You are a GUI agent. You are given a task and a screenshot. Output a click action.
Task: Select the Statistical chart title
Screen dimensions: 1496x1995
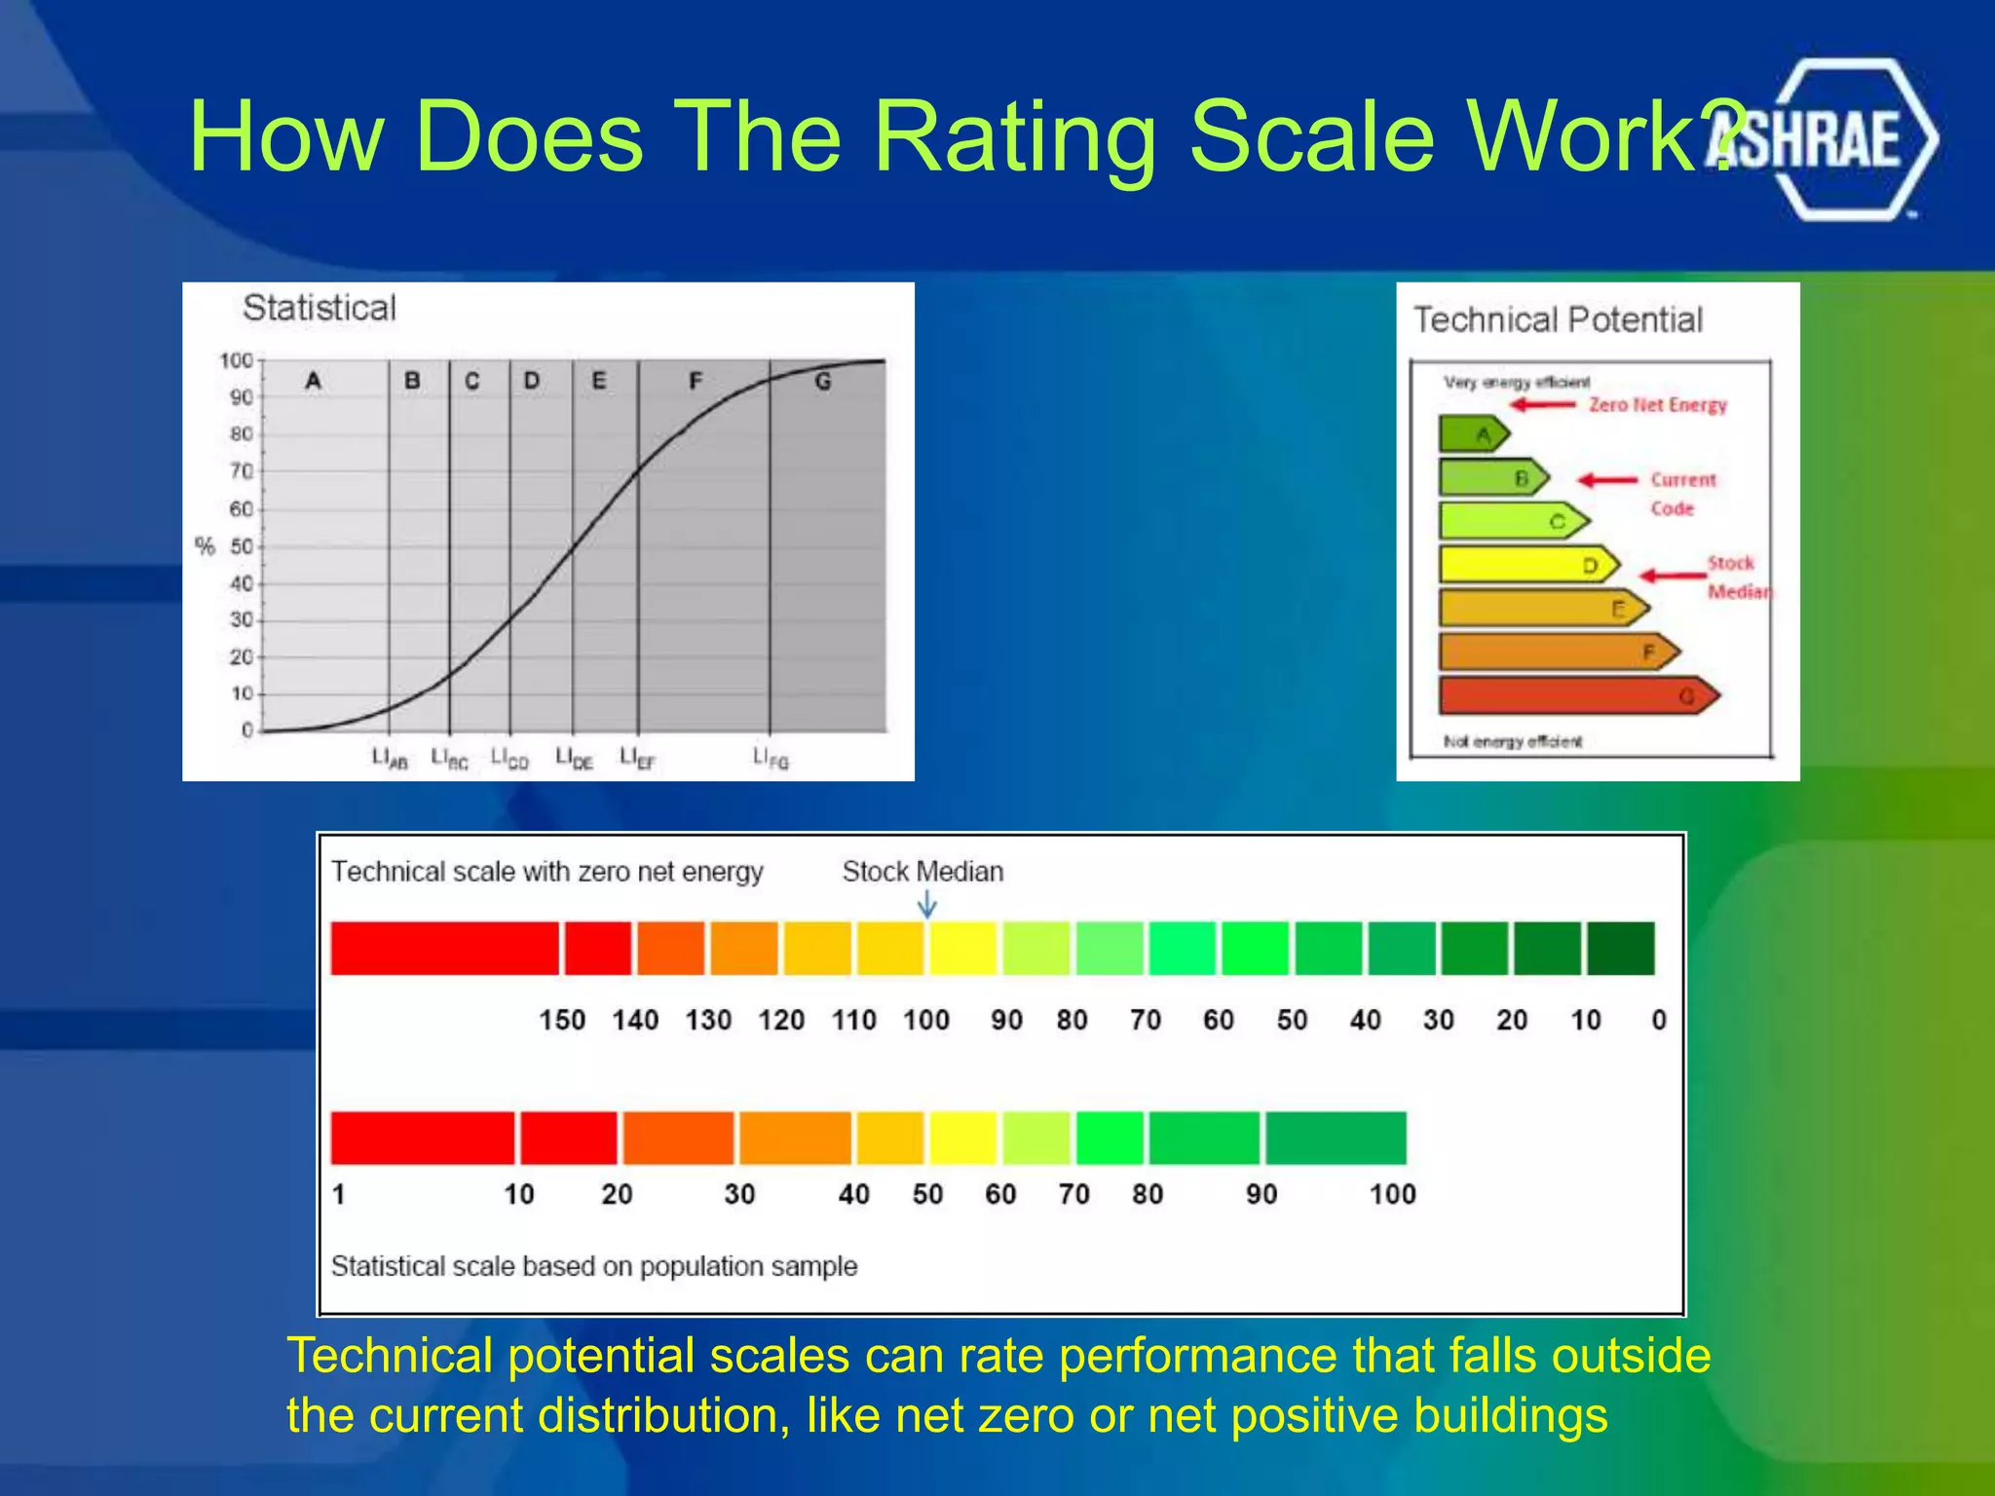coord(319,308)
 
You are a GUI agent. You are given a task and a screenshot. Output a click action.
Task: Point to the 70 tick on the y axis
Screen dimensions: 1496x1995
coord(241,471)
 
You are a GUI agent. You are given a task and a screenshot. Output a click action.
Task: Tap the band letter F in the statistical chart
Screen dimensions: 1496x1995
coord(696,381)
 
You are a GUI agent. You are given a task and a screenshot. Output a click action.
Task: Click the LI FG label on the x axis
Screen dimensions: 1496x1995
coord(771,758)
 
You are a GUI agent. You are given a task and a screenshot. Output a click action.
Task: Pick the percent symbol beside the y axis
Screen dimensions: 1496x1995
coord(205,545)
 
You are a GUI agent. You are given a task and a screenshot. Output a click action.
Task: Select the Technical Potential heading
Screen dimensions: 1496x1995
coord(1558,319)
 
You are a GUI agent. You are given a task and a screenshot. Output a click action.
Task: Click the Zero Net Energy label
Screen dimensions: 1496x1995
coord(1657,405)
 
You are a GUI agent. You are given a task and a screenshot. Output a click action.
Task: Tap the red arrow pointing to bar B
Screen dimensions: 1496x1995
coord(1607,480)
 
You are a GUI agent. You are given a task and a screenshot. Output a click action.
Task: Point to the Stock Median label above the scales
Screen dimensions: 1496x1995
coord(922,871)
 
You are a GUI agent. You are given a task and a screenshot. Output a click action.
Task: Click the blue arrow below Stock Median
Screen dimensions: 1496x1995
coord(927,906)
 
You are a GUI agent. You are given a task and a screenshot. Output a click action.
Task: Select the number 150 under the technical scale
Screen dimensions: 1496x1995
coord(562,1020)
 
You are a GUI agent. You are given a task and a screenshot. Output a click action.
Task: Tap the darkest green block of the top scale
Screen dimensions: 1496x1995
coord(1620,949)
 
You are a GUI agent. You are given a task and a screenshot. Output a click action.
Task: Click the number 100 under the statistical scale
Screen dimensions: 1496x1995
coord(1392,1194)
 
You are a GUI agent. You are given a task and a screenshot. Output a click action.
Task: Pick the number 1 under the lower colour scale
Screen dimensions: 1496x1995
coord(339,1194)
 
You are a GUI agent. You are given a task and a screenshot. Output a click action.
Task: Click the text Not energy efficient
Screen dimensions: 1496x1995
coord(1512,742)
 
